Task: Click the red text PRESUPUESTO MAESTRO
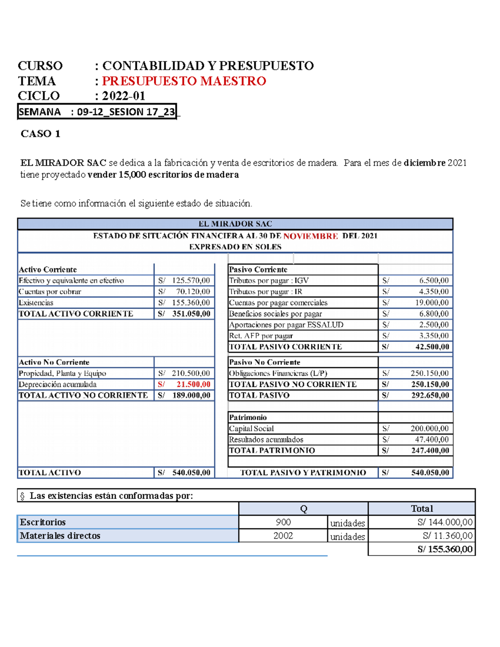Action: (x=184, y=81)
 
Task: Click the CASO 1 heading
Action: (x=40, y=134)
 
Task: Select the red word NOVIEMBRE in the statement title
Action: (x=310, y=236)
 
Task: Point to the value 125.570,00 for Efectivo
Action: (x=191, y=281)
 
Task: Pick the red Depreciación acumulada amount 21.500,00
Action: (x=193, y=384)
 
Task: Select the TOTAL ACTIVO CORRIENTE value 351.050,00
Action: (x=191, y=314)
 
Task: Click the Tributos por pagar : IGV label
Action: (x=269, y=281)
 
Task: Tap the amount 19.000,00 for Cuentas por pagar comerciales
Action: (x=433, y=303)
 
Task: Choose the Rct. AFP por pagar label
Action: (x=261, y=336)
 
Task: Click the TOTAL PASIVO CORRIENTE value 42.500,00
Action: (x=432, y=347)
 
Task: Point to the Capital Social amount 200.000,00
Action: (x=429, y=428)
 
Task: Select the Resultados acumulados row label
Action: (x=266, y=440)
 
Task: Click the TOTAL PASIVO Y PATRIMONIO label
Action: (x=303, y=472)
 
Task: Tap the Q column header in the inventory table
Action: (x=303, y=509)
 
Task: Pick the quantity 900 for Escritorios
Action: (x=283, y=522)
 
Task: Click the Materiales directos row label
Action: (x=60, y=536)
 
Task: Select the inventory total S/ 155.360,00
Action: (x=445, y=549)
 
